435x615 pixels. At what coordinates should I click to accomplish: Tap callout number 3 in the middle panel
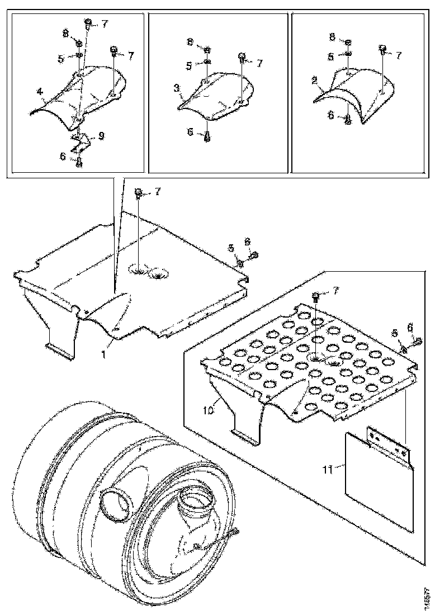click(x=176, y=88)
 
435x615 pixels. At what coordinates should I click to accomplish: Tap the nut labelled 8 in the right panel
click(x=348, y=43)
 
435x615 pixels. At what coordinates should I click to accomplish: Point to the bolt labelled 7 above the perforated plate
click(x=316, y=296)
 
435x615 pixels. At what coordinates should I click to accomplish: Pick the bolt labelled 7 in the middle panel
click(x=242, y=56)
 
